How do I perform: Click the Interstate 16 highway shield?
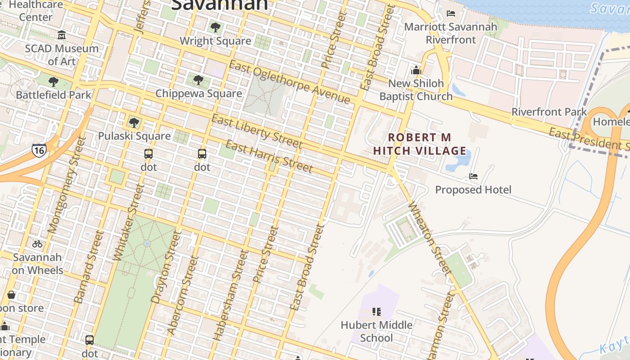39,150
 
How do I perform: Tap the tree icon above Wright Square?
216,27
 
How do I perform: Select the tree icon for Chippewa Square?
198,80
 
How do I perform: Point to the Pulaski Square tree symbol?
134,122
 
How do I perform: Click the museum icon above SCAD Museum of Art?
62,35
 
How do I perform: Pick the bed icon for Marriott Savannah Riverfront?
450,13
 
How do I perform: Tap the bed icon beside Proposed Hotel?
473,176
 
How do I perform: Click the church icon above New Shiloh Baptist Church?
416,70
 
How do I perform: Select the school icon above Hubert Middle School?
377,311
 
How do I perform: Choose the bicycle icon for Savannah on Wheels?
37,244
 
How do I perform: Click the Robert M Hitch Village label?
419,144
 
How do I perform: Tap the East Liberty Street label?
257,131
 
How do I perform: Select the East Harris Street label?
269,156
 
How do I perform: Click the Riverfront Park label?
549,112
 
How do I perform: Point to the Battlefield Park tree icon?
54,81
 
